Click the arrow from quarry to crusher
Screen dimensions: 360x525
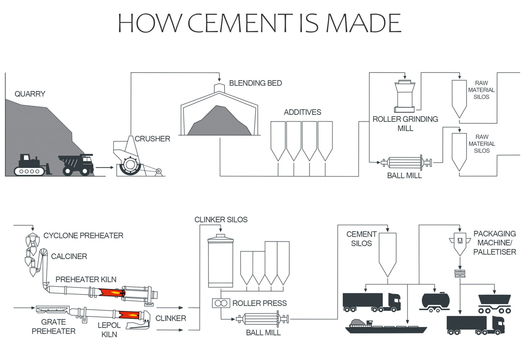(104, 167)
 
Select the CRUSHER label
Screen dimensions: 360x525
(152, 139)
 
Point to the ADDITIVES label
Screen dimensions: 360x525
(302, 112)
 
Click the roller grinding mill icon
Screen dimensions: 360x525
(405, 96)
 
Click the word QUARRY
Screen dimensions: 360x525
(30, 94)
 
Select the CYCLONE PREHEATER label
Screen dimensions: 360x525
(83, 235)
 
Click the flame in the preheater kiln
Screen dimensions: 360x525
(112, 292)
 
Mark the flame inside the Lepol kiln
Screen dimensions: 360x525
(129, 315)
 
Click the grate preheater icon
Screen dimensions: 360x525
(52, 309)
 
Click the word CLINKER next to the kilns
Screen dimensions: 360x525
(170, 318)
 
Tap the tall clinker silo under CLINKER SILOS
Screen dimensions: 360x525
(220, 262)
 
